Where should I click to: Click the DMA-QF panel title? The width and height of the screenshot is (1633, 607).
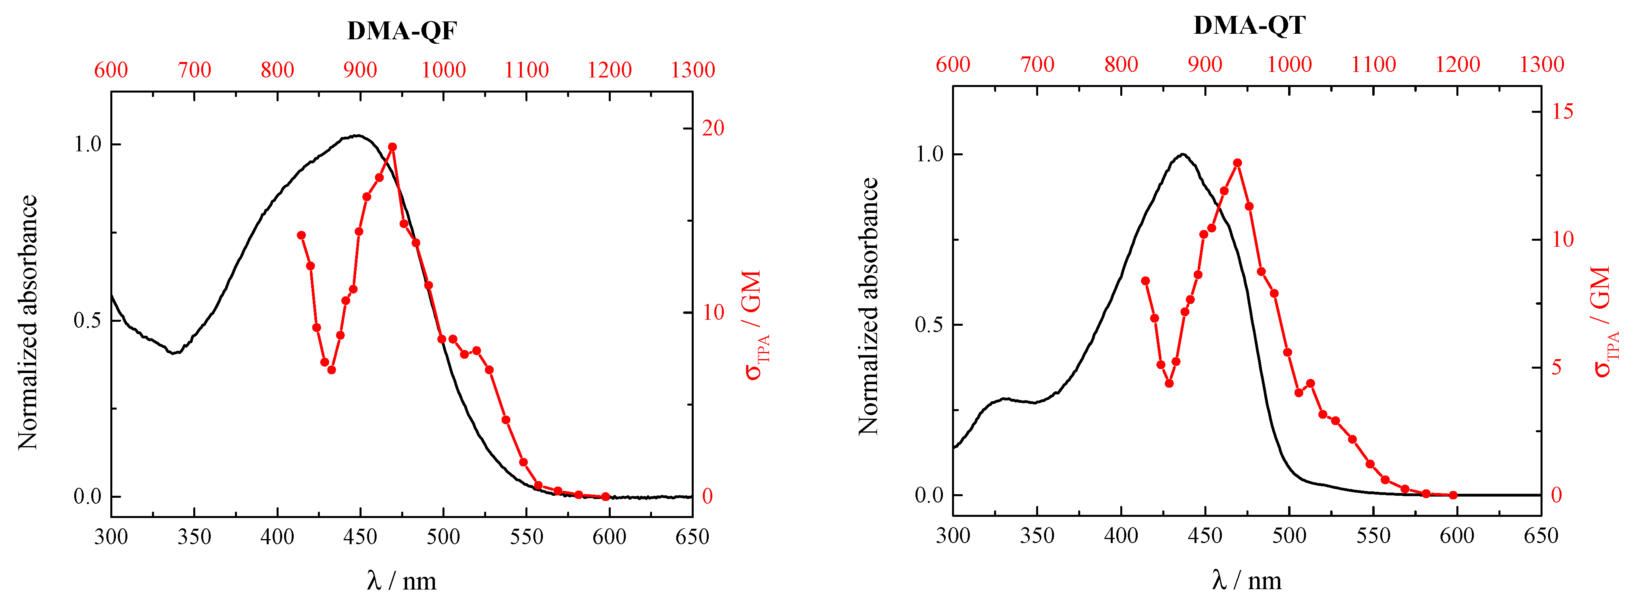[x=402, y=31]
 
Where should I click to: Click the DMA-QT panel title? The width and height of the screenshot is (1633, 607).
[x=1249, y=25]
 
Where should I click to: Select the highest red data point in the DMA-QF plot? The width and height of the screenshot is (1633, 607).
[x=392, y=147]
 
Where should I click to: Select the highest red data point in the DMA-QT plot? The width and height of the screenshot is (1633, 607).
[x=1237, y=163]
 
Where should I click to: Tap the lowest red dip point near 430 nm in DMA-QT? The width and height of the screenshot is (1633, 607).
[x=1169, y=383]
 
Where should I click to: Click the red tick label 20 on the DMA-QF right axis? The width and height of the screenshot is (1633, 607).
[x=713, y=128]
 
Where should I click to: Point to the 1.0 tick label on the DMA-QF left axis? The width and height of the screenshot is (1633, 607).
[x=87, y=145]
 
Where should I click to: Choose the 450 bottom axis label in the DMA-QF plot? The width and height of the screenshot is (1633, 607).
[x=360, y=537]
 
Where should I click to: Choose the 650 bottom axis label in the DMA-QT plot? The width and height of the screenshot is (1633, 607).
[x=1541, y=536]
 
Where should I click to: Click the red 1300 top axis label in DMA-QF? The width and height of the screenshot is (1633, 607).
[x=692, y=70]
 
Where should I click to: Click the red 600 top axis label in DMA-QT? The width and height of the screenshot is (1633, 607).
[x=953, y=64]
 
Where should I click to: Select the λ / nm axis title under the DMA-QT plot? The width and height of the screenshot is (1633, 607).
[x=1246, y=580]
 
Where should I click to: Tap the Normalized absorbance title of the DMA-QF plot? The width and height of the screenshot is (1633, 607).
[x=27, y=322]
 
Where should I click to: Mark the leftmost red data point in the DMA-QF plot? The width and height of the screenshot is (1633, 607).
[x=302, y=235]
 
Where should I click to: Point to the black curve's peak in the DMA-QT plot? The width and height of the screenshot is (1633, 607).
[x=1182, y=154]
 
